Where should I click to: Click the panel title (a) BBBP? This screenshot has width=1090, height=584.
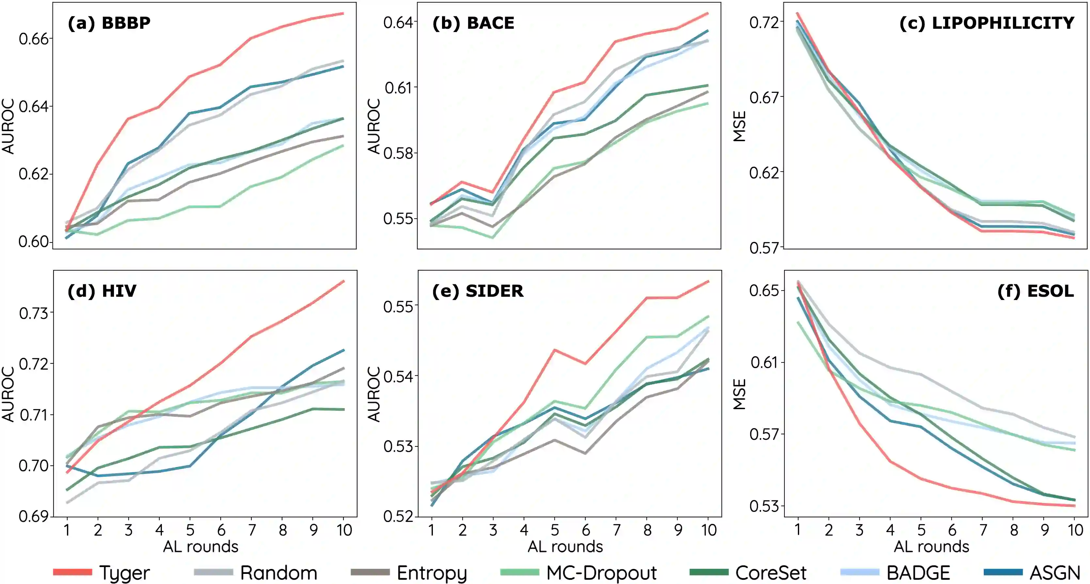[x=109, y=23]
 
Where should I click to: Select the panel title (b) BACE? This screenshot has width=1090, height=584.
[x=473, y=23]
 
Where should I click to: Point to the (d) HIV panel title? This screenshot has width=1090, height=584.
[x=102, y=291]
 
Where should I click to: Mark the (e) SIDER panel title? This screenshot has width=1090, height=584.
[x=478, y=291]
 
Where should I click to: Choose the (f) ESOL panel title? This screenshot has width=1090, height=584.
[x=1035, y=291]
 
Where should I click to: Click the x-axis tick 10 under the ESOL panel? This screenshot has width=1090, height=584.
[x=1075, y=530]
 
